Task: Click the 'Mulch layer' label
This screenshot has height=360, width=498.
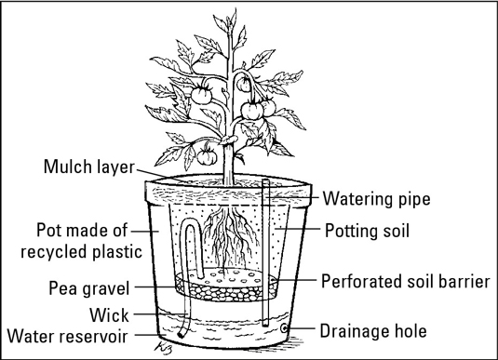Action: pos(89,167)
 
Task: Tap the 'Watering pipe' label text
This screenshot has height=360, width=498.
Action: pos(377,199)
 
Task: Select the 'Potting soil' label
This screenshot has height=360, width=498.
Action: pos(367,231)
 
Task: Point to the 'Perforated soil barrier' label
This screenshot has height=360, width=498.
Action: pos(406,281)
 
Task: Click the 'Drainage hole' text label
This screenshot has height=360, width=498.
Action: pos(373,331)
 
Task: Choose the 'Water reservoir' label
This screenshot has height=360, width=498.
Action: pos(67,336)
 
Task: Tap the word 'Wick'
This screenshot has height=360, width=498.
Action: pos(109,315)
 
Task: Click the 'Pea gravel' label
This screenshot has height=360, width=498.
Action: pos(89,288)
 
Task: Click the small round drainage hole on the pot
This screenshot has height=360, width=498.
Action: pos(284,328)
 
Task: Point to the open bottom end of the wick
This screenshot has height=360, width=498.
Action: pos(182,335)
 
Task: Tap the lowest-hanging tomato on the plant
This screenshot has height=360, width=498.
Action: pos(207,156)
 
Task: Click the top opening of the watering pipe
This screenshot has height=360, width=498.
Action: pos(266,181)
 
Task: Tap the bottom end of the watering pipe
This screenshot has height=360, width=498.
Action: pos(265,325)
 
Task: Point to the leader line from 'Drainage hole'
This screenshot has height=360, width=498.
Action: pos(301,328)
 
